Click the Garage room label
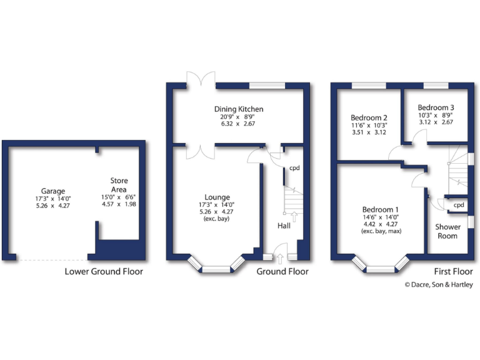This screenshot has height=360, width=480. pyautogui.click(x=53, y=191)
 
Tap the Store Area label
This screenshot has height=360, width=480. pyautogui.click(x=119, y=185)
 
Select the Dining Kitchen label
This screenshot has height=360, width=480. pyautogui.click(x=238, y=109)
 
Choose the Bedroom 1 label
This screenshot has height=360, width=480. pyautogui.click(x=380, y=209)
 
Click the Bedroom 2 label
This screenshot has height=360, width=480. pyautogui.click(x=369, y=117)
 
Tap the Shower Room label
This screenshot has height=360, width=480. pyautogui.click(x=447, y=231)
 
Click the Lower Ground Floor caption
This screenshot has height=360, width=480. pyautogui.click(x=104, y=272)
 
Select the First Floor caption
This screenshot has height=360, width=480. pyautogui.click(x=454, y=272)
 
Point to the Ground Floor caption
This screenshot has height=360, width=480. pyautogui.click(x=282, y=272)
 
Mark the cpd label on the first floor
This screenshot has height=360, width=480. pyautogui.click(x=458, y=205)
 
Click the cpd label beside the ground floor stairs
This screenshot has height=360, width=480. pyautogui.click(x=294, y=168)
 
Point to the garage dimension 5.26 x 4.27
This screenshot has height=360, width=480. pyautogui.click(x=53, y=206)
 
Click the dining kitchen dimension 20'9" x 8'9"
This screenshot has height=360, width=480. pyautogui.click(x=238, y=116)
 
